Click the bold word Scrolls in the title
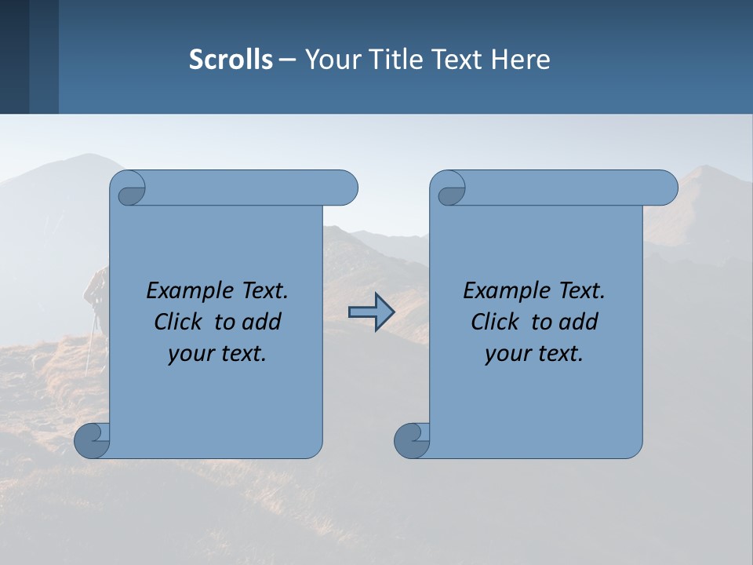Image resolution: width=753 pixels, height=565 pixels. (231, 60)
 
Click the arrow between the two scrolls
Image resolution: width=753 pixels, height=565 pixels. (371, 313)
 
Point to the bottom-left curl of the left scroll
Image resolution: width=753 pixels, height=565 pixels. (91, 440)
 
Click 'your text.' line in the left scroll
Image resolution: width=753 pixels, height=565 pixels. (217, 354)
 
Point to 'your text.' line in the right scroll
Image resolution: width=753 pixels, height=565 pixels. (534, 354)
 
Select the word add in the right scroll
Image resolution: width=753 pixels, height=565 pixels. (579, 323)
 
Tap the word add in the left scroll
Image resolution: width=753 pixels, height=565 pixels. (262, 323)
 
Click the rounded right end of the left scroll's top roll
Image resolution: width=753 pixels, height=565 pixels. (345, 188)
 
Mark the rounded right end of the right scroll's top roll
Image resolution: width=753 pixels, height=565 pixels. (665, 188)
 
